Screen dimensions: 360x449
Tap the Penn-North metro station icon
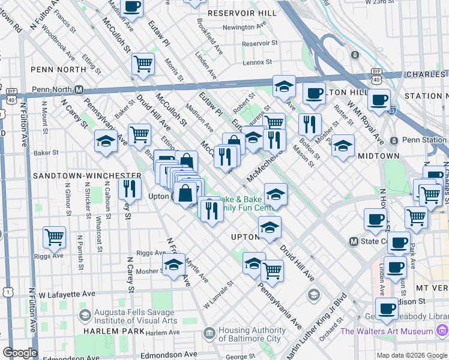click(79, 90)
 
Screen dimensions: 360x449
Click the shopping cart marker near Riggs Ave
click(54, 237)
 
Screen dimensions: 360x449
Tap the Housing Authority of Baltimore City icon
click(209, 332)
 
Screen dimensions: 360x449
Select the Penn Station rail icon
click(394, 140)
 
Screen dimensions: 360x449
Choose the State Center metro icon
click(354, 241)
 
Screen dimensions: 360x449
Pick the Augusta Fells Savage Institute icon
click(85, 315)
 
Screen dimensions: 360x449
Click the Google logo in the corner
click(20, 353)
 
